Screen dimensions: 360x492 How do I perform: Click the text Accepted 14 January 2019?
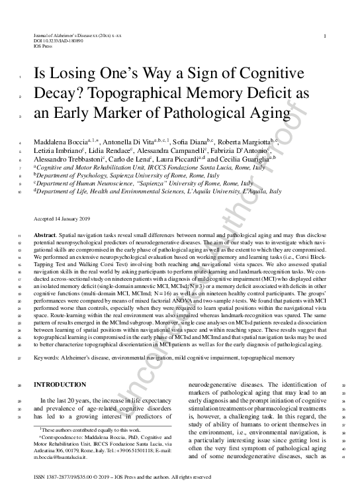(64, 218)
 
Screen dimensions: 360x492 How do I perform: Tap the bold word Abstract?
(45, 236)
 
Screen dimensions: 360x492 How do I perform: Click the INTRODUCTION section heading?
(60, 385)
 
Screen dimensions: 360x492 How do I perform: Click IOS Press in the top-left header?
(43, 47)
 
